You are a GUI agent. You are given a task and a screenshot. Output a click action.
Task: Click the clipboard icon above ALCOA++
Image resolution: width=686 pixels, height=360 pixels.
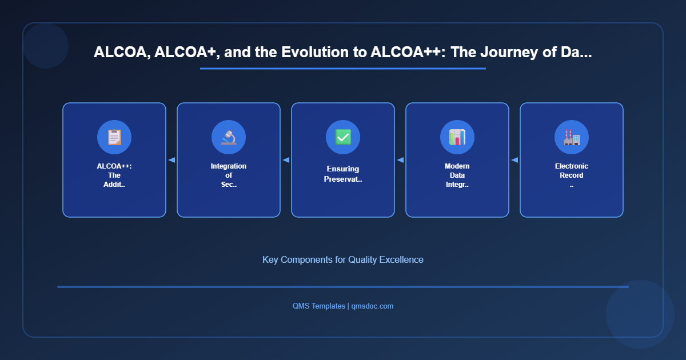(114, 137)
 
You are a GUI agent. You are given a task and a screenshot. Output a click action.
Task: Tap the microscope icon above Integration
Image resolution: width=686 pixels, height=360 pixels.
(229, 137)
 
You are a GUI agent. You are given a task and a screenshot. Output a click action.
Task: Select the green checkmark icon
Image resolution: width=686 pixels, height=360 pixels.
(343, 137)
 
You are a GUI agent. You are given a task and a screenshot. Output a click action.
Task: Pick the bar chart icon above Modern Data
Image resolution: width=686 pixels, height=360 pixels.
(457, 137)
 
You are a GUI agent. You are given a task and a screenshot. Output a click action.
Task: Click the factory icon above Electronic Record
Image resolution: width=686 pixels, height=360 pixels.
(572, 137)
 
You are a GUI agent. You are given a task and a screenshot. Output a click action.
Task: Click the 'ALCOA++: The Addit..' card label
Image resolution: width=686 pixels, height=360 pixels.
(114, 175)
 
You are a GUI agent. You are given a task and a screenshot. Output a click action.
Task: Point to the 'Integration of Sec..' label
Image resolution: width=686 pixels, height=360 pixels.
(229, 175)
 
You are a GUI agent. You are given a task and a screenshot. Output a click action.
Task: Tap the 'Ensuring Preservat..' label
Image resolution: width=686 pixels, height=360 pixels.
(343, 174)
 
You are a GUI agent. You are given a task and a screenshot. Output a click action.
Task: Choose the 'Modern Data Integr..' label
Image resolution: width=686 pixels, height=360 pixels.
(457, 175)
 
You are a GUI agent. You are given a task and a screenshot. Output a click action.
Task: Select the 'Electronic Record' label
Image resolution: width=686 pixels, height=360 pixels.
(572, 171)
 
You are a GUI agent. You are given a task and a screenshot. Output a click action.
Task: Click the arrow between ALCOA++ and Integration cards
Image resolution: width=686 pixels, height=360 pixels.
(171, 160)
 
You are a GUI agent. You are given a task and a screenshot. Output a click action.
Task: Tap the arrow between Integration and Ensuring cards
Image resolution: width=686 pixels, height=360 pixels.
(286, 160)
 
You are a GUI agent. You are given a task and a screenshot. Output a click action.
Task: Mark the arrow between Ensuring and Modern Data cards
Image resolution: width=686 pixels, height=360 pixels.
(400, 160)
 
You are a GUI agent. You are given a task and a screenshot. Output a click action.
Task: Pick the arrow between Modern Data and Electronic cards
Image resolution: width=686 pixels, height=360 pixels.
(514, 160)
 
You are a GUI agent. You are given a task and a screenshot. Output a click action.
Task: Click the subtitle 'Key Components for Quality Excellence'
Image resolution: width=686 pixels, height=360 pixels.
(343, 259)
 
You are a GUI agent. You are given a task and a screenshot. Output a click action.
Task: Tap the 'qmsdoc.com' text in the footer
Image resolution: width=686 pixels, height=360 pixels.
(372, 306)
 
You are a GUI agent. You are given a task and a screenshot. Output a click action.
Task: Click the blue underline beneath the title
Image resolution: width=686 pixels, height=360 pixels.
(343, 69)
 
